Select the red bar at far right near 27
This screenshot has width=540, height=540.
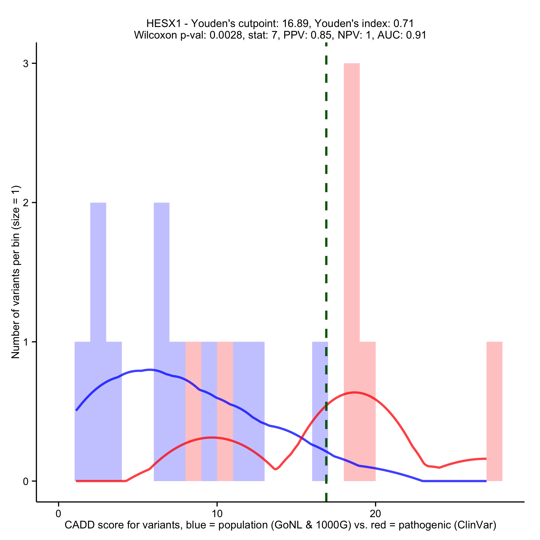pyautogui.click(x=494, y=411)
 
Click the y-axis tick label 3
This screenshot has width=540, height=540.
pyautogui.click(x=26, y=64)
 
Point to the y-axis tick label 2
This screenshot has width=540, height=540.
pyautogui.click(x=26, y=203)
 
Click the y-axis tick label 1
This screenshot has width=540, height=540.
pyautogui.click(x=26, y=342)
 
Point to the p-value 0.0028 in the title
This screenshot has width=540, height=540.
pyautogui.click(x=226, y=35)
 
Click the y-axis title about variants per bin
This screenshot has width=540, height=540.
pyautogui.click(x=16, y=272)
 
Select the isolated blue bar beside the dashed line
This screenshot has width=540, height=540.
pyautogui.click(x=319, y=411)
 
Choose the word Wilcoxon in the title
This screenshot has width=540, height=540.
pyautogui.click(x=155, y=35)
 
